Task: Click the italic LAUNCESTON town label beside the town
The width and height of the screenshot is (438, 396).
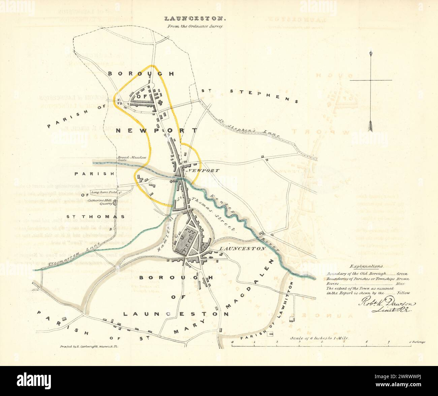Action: point(238,248)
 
